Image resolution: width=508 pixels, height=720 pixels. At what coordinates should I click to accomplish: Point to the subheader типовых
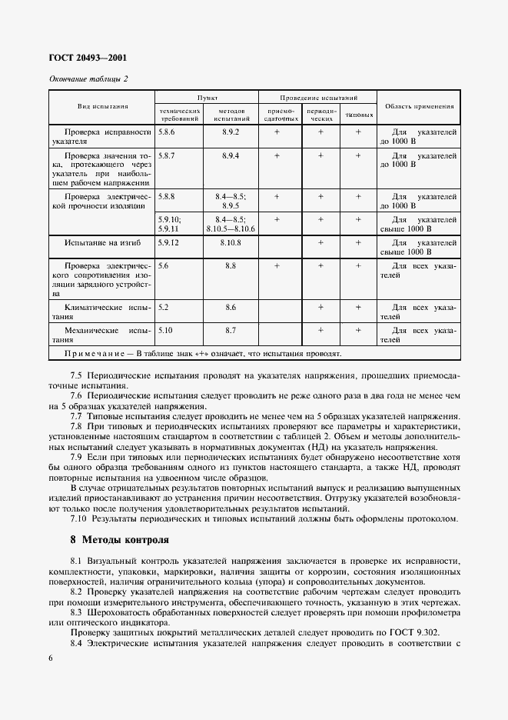pos(359,116)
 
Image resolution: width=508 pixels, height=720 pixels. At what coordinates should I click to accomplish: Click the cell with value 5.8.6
pos(167,132)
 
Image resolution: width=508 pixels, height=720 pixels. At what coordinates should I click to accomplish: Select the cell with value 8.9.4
pos(231,155)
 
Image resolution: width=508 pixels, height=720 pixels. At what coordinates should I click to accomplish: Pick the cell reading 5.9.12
pos(168,242)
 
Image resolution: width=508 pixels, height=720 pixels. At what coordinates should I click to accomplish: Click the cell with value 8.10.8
pos(231,242)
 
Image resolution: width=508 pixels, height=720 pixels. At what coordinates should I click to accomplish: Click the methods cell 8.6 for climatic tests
pos(231,307)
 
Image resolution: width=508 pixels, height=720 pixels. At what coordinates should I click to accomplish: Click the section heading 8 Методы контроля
pos(119,539)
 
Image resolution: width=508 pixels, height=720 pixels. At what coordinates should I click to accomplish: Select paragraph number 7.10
pos(78,518)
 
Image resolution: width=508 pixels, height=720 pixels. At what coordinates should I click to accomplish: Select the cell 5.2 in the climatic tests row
pos(163,307)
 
